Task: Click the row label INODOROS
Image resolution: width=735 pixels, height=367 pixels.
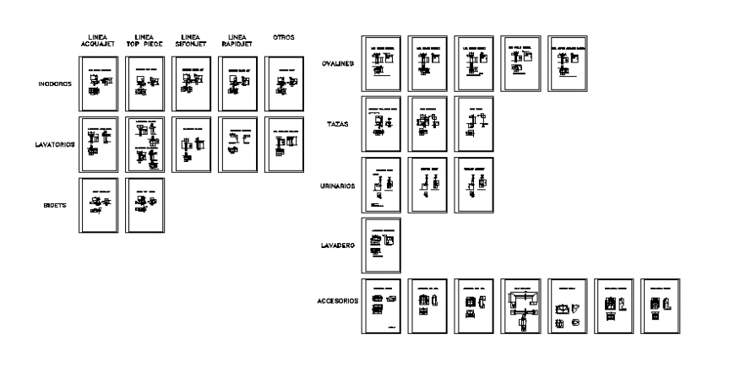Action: click(55, 84)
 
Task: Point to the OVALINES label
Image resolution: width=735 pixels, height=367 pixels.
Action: click(338, 63)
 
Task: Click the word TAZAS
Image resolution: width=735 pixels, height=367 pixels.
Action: click(338, 124)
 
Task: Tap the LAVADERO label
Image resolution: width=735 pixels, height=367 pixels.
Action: click(338, 246)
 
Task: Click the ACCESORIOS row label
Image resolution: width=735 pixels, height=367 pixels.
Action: click(338, 300)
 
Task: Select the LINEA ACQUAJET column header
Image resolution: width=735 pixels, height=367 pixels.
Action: click(98, 41)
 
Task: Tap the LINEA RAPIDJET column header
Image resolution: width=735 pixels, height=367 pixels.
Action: click(237, 41)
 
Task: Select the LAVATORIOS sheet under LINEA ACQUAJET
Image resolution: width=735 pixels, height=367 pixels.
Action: click(98, 143)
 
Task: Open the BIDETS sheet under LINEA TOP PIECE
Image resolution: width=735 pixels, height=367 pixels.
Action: click(144, 204)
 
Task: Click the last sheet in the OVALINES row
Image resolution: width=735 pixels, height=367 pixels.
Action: click(567, 63)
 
